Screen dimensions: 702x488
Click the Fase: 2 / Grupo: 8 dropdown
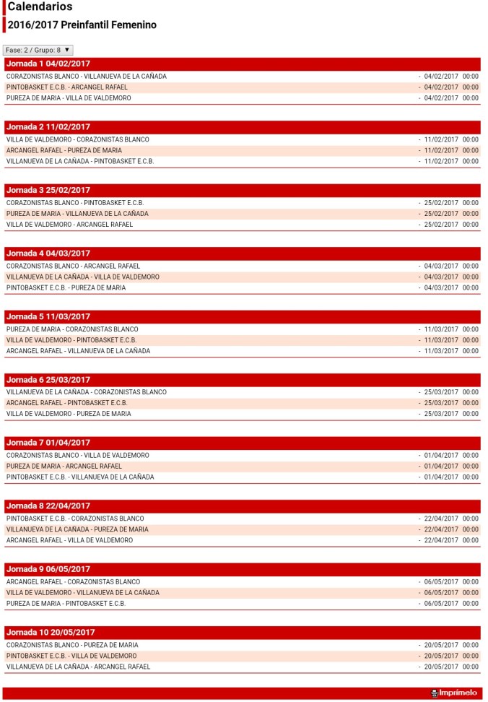38,50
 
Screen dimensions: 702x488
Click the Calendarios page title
40,7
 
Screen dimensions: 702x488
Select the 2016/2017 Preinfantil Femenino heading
82,25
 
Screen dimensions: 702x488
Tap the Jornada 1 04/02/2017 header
48,64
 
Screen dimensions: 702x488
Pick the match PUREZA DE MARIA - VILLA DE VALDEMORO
69,98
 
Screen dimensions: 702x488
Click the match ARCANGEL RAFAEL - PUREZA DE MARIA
64,150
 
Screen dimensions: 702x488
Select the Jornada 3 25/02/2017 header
48,190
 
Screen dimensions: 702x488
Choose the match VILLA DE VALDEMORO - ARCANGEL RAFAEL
69,225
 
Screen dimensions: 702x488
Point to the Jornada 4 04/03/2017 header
48,253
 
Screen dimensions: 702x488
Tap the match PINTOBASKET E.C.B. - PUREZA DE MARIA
66,287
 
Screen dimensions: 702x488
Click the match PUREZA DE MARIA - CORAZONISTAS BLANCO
72,329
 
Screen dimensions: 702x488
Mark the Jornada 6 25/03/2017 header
48,380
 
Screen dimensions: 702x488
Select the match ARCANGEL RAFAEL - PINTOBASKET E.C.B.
67,403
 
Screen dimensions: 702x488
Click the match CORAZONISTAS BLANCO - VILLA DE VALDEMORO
78,456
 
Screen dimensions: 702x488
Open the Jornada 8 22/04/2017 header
48,506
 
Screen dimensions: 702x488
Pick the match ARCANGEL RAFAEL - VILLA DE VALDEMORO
69,540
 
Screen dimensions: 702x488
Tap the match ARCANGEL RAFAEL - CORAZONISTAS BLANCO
74,582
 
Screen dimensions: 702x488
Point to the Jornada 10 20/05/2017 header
51,633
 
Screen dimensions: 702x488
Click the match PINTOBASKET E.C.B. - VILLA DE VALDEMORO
71,656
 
